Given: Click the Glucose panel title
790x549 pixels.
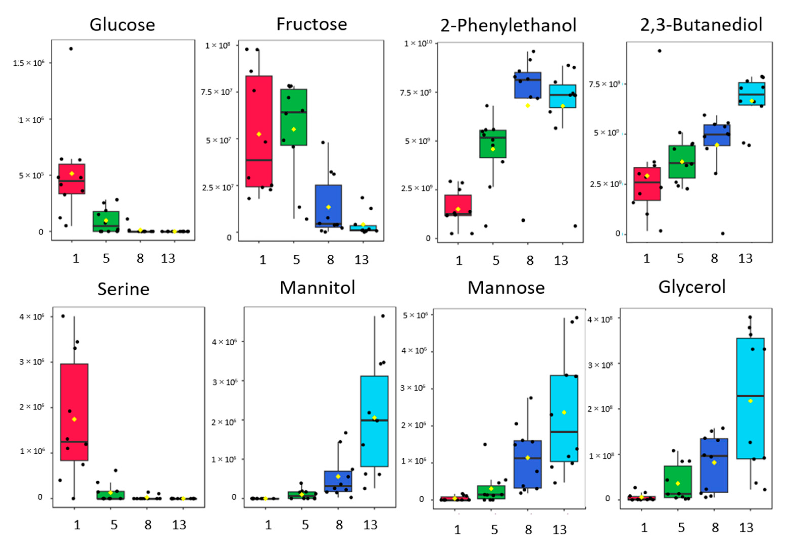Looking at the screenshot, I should [122, 25].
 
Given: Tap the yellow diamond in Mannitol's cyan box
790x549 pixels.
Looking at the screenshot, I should [374, 418].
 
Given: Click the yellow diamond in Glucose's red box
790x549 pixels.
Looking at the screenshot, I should [72, 174].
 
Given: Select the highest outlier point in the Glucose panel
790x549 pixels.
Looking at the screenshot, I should [71, 49].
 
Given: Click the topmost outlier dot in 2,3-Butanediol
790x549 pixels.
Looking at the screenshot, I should [660, 51].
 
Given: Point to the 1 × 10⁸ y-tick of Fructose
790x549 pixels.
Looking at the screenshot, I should [217, 46].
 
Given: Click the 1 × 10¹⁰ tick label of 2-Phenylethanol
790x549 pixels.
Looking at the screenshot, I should [418, 44].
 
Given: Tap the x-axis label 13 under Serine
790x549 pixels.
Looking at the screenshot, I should [179, 525].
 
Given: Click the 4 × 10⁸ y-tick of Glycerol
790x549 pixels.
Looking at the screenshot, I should [600, 320].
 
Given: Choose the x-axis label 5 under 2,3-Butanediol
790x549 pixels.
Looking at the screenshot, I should [680, 259].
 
